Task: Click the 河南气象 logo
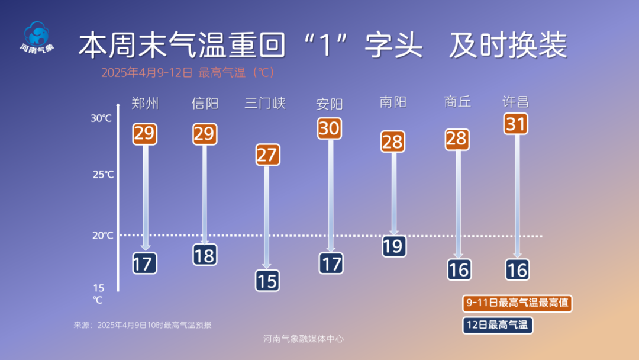coord(37,37)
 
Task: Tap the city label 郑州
coord(145,104)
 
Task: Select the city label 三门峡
coord(265,104)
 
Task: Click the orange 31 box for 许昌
coord(516,124)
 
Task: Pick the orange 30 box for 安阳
coord(330,128)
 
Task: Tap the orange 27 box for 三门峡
coord(267,155)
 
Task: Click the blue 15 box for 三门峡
coord(267,280)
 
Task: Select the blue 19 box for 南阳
coord(393,245)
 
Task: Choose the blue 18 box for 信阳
coord(205,255)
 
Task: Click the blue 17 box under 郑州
coord(144,263)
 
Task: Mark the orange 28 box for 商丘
coord(457,139)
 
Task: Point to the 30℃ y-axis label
coord(101,118)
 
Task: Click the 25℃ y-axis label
coord(102,175)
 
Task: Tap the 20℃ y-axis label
coord(102,236)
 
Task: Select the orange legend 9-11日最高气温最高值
coord(517,303)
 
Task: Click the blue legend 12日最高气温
coord(497,324)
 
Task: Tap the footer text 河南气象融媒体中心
coord(304,339)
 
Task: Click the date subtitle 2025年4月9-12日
coord(147,73)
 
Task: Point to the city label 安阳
coord(330,104)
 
